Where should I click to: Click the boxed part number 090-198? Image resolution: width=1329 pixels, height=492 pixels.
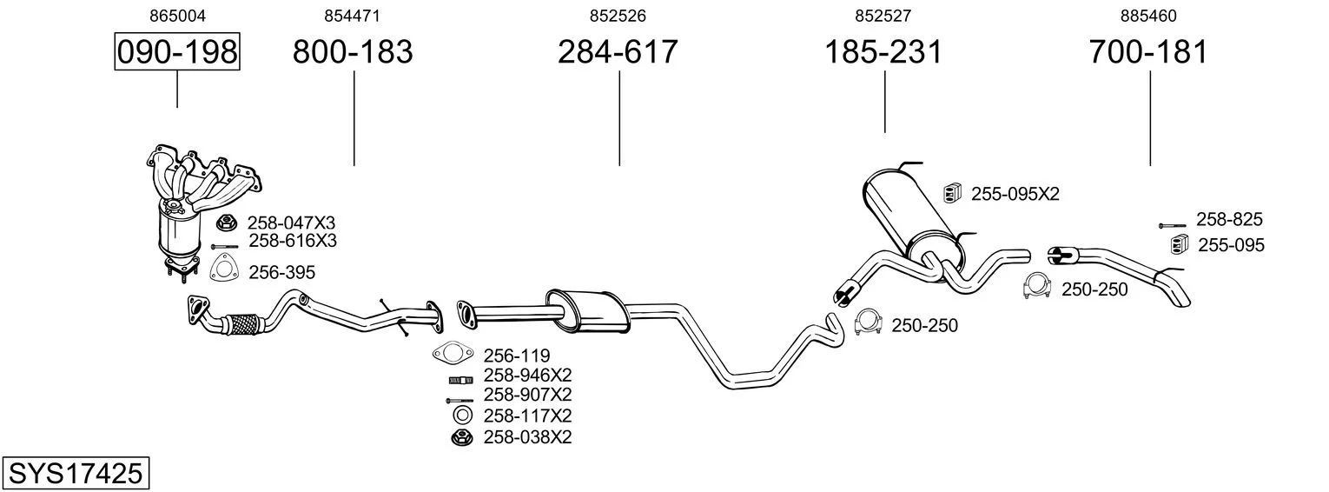click(177, 51)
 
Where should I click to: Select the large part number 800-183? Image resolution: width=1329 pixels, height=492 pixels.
click(353, 51)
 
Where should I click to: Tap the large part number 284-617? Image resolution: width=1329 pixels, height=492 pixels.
click(618, 51)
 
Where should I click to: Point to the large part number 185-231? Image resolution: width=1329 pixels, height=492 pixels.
click(883, 51)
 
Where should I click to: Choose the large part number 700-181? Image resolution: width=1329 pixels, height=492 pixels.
click(1148, 51)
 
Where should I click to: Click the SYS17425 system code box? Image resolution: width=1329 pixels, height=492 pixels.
click(76, 473)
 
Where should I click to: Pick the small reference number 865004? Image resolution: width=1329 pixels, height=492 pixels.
click(177, 16)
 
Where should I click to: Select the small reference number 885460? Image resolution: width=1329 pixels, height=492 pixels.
click(1148, 16)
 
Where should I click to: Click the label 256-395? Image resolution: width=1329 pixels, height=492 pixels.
click(281, 272)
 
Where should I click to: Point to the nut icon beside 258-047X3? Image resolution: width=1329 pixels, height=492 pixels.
click(227, 223)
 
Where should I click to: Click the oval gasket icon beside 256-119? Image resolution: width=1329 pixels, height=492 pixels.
click(453, 354)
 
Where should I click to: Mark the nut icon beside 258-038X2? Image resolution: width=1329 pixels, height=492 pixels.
click(462, 438)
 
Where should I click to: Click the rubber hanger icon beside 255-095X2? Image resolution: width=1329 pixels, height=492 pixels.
click(952, 194)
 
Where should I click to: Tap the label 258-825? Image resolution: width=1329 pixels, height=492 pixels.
click(1229, 220)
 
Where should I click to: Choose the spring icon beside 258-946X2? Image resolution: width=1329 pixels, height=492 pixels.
click(460, 380)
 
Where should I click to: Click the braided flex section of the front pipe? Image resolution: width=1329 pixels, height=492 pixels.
click(243, 324)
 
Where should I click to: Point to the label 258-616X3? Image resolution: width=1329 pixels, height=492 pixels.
click(293, 241)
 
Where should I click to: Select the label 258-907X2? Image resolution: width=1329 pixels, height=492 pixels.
click(527, 395)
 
